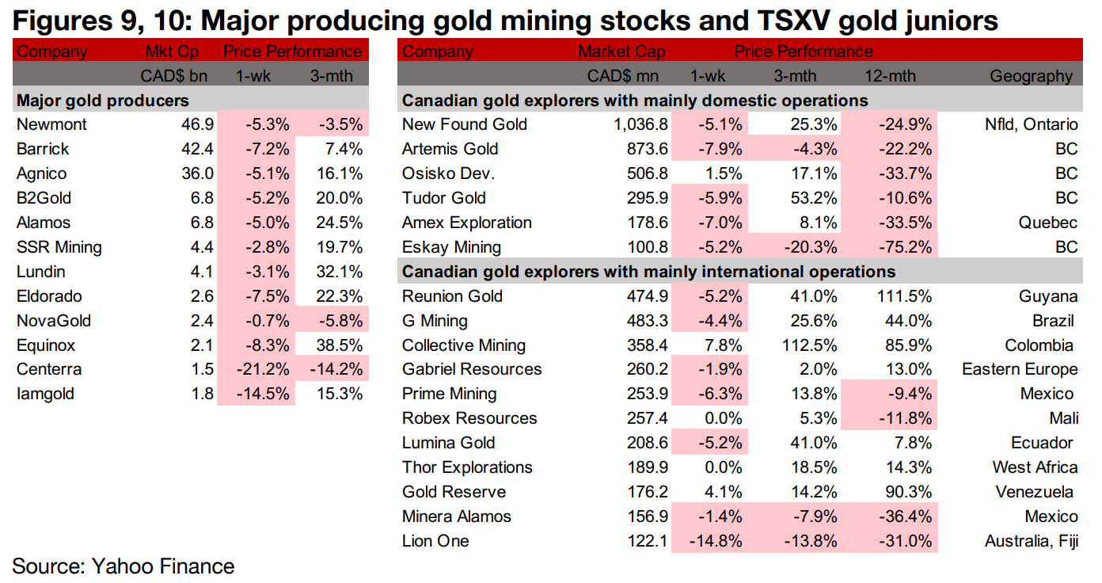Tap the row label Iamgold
[46, 394]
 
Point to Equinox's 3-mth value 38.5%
[337, 345]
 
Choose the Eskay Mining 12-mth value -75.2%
[889, 247]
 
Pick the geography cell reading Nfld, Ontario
[1027, 124]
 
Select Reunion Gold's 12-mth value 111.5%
[889, 296]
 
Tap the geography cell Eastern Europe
[1020, 369]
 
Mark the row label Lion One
[435, 541]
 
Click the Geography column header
[1031, 76]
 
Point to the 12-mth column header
[889, 76]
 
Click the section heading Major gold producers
[103, 101]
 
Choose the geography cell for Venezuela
[1035, 492]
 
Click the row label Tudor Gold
[444, 198]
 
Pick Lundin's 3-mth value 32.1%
[337, 272]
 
